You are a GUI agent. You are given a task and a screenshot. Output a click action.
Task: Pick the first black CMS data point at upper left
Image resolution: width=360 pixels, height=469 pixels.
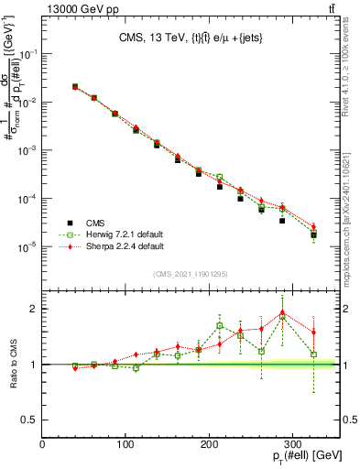[x=75, y=87]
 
